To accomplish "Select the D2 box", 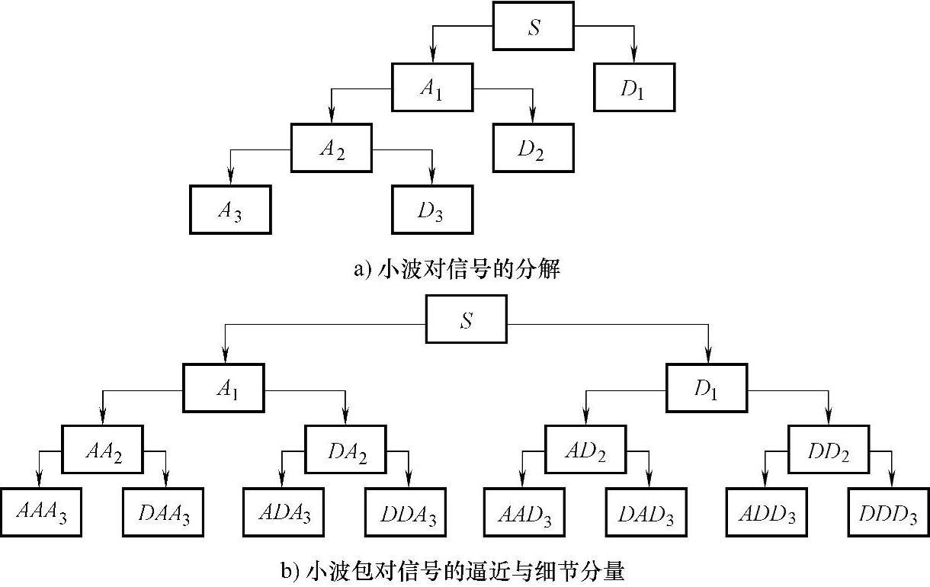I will point(532,149).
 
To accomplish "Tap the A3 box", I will point(230,210).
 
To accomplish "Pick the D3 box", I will point(432,210).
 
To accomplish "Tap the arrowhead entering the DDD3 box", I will point(891,482).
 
